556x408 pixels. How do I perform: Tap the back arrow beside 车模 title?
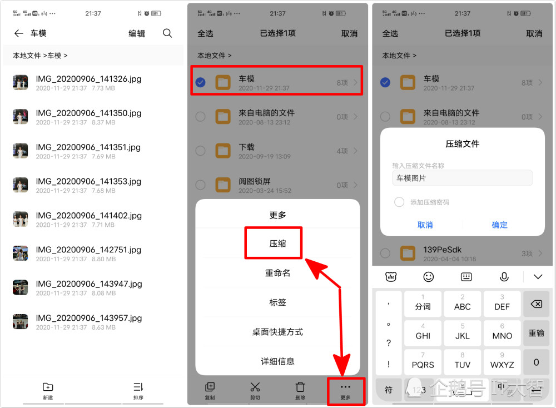pyautogui.click(x=19, y=33)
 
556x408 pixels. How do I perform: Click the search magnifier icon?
pyautogui.click(x=167, y=33)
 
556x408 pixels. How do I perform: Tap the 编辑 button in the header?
pyautogui.click(x=137, y=33)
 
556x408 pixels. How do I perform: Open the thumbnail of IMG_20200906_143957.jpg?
pyautogui.click(x=21, y=322)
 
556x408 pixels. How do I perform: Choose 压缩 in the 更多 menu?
pyautogui.click(x=274, y=243)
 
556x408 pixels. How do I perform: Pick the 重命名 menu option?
pyautogui.click(x=277, y=273)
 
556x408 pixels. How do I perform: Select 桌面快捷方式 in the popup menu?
pyautogui.click(x=277, y=332)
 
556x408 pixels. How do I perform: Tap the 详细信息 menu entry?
pyautogui.click(x=277, y=361)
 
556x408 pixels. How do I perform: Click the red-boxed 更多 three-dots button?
pyautogui.click(x=345, y=391)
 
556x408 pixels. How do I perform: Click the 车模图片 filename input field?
pyautogui.click(x=461, y=178)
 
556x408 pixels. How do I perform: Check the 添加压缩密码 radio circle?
pyautogui.click(x=399, y=202)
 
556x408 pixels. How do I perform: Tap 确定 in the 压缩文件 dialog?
pyautogui.click(x=500, y=225)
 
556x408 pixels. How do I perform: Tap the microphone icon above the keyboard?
pyautogui.click(x=504, y=277)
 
